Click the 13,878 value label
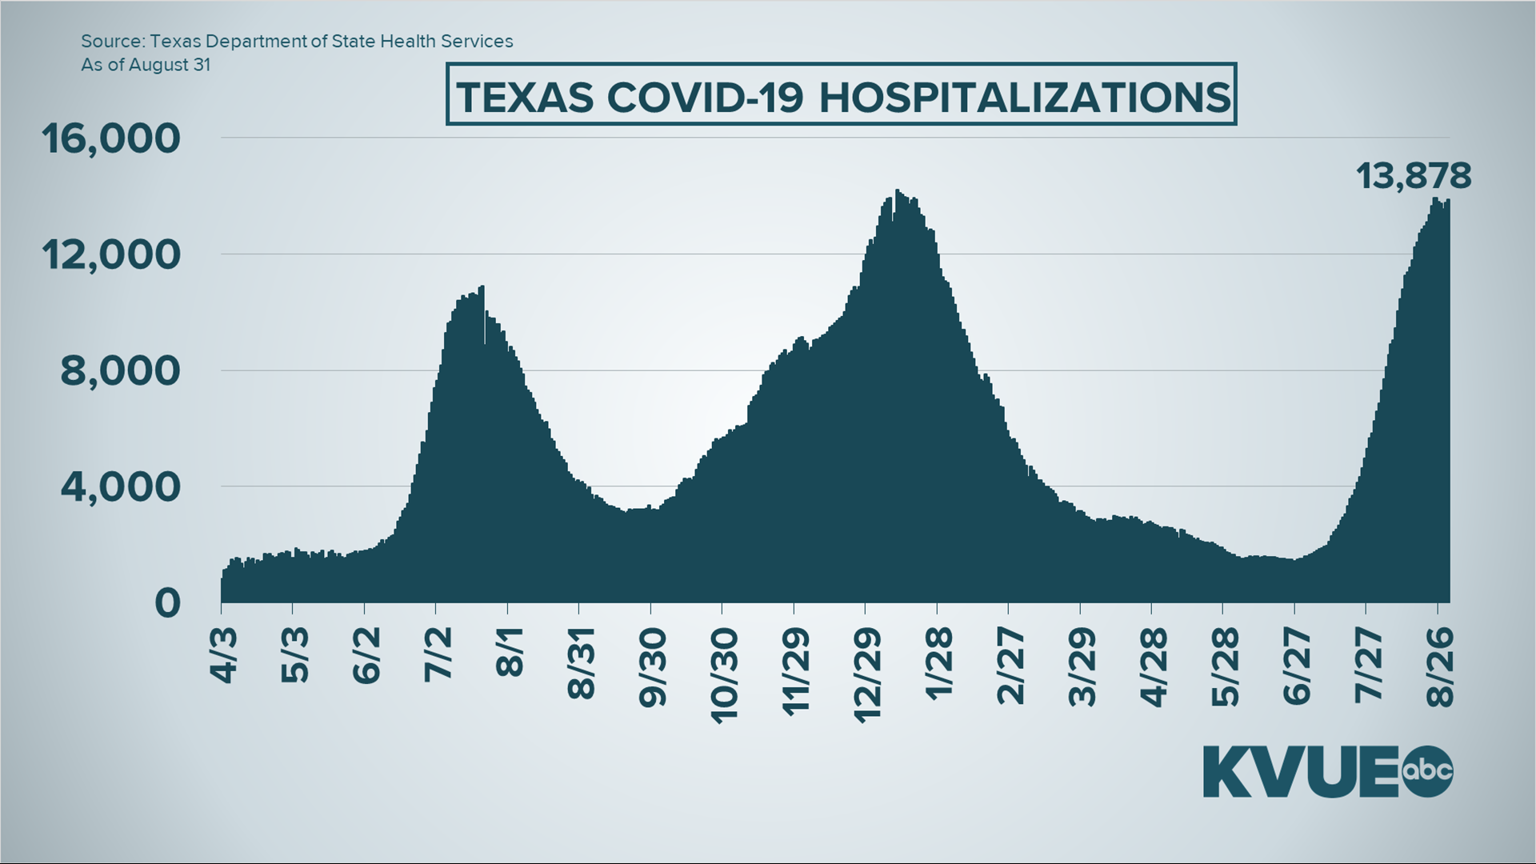coord(1414,175)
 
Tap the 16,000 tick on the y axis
coord(111,138)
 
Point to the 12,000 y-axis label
coord(111,254)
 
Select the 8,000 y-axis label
coord(120,370)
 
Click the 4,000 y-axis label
coord(120,486)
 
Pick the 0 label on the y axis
coord(167,602)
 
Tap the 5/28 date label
coord(1225,666)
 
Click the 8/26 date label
coord(1440,666)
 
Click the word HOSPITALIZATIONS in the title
coord(1025,98)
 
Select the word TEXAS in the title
coord(525,98)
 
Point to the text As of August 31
coord(146,66)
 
